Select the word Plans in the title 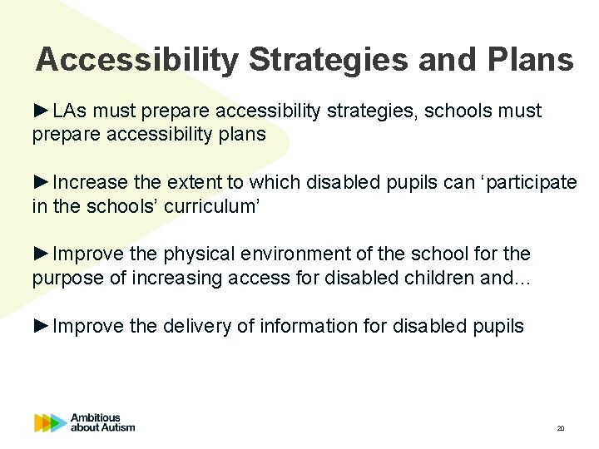(x=526, y=60)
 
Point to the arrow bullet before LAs (x=42, y=111)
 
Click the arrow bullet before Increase (x=42, y=182)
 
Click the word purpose (x=67, y=278)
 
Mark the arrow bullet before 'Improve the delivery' (x=42, y=325)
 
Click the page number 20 (x=560, y=428)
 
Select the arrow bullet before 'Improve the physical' (x=42, y=253)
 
